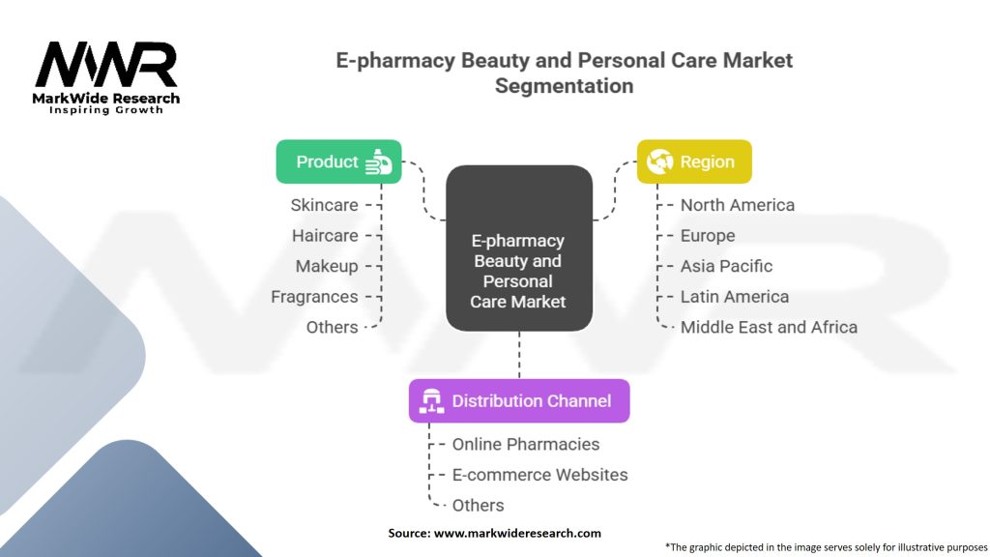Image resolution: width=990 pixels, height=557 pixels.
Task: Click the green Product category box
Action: [338, 161]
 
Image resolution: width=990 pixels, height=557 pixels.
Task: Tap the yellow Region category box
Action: [693, 161]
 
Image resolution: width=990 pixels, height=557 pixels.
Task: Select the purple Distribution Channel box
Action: [518, 400]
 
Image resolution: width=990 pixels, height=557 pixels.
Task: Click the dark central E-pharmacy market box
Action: [518, 249]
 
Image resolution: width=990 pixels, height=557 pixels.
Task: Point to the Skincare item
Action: [324, 205]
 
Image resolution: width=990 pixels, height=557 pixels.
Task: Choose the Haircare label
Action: [325, 236]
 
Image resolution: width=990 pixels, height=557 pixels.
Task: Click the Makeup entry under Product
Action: [327, 266]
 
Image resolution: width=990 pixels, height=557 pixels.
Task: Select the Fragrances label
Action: [314, 297]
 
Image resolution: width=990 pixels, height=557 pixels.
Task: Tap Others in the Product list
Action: [332, 327]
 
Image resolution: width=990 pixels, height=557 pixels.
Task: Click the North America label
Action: [737, 205]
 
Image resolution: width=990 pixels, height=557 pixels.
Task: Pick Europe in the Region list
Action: [708, 236]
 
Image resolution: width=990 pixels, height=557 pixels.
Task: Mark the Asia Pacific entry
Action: [726, 266]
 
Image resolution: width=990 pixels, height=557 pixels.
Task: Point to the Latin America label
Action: [734, 297]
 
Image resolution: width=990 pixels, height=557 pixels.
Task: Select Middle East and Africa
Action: [769, 327]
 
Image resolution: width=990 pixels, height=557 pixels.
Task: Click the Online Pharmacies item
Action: [526, 444]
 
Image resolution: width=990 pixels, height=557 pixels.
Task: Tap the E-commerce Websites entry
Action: [539, 475]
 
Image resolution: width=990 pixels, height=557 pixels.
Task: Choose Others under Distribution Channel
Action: [478, 505]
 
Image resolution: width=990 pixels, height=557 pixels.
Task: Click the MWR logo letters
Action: [106, 67]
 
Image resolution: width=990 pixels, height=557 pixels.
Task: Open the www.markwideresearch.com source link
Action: [517, 533]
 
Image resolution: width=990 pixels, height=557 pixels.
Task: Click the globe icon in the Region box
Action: [659, 161]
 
